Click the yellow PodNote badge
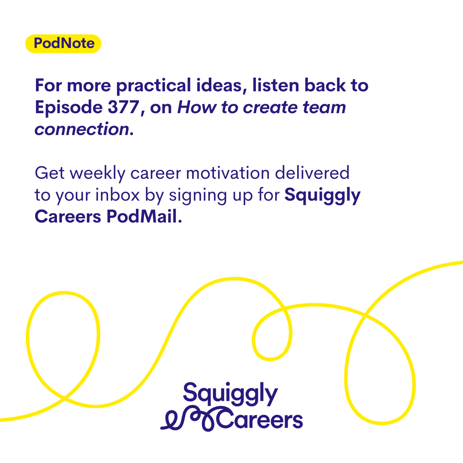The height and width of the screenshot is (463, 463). (x=63, y=43)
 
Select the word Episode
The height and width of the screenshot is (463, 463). (x=69, y=108)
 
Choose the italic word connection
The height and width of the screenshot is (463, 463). (x=82, y=129)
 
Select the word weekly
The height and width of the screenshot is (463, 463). (x=98, y=174)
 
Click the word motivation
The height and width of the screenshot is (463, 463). (x=228, y=173)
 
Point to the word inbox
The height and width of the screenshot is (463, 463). (x=117, y=195)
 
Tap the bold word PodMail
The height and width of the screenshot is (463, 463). (x=144, y=216)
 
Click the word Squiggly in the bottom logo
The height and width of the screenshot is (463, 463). (x=230, y=394)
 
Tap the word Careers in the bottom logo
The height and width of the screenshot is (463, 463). (x=259, y=419)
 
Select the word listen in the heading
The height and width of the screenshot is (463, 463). (x=276, y=86)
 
